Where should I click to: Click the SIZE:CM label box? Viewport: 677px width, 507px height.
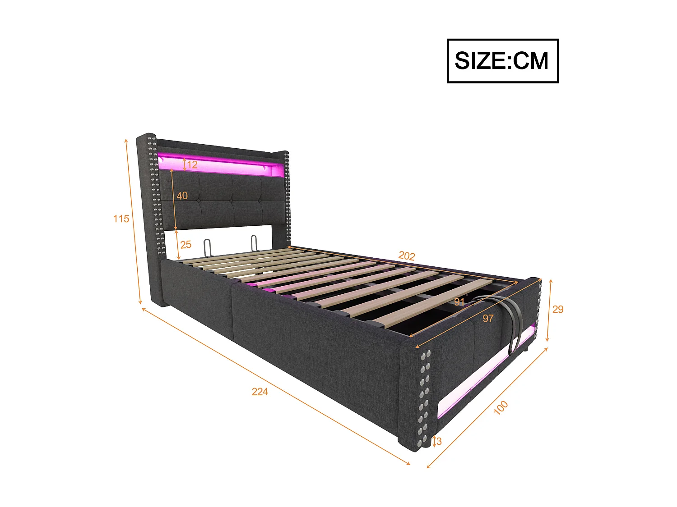tap(502, 61)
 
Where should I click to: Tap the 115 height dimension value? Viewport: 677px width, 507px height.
tap(121, 219)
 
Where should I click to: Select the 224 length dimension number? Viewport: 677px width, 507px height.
tap(260, 392)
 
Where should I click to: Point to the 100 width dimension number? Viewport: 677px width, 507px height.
tap(501, 407)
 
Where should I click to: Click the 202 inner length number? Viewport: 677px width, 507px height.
tap(406, 256)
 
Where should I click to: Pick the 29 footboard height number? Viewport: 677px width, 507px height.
tap(558, 309)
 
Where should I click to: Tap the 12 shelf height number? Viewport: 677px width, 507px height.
tap(192, 164)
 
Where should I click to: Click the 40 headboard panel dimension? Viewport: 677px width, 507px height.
tap(182, 196)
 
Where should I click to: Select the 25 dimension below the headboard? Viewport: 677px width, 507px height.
tap(185, 245)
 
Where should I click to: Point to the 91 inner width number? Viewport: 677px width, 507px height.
tap(459, 302)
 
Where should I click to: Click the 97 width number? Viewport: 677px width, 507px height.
tap(488, 319)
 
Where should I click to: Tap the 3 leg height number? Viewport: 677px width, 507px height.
tap(439, 442)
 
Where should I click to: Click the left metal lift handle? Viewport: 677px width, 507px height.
tap(207, 247)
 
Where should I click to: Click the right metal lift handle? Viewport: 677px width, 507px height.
tap(254, 243)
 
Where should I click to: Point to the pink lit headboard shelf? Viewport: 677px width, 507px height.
tap(221, 164)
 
